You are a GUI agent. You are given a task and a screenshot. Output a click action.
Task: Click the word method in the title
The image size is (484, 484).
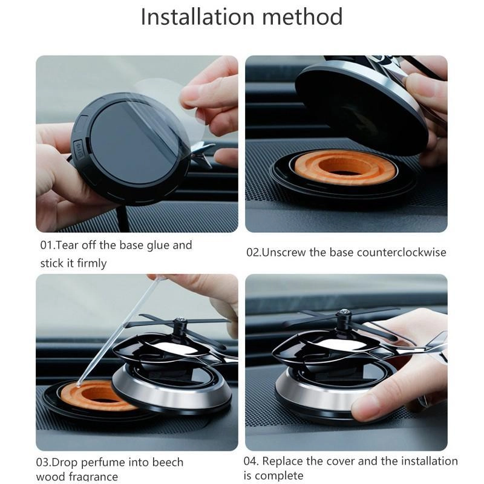click(x=302, y=17)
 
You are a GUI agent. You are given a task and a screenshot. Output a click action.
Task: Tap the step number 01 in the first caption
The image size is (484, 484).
click(x=47, y=246)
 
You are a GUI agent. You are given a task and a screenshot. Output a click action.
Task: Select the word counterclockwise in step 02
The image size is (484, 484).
click(x=402, y=252)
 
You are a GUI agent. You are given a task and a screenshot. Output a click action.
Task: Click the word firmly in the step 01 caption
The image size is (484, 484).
click(x=92, y=263)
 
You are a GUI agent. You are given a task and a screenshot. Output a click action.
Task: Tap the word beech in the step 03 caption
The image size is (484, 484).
click(x=168, y=462)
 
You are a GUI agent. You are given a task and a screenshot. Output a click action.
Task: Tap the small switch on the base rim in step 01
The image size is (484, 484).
click(x=79, y=149)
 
